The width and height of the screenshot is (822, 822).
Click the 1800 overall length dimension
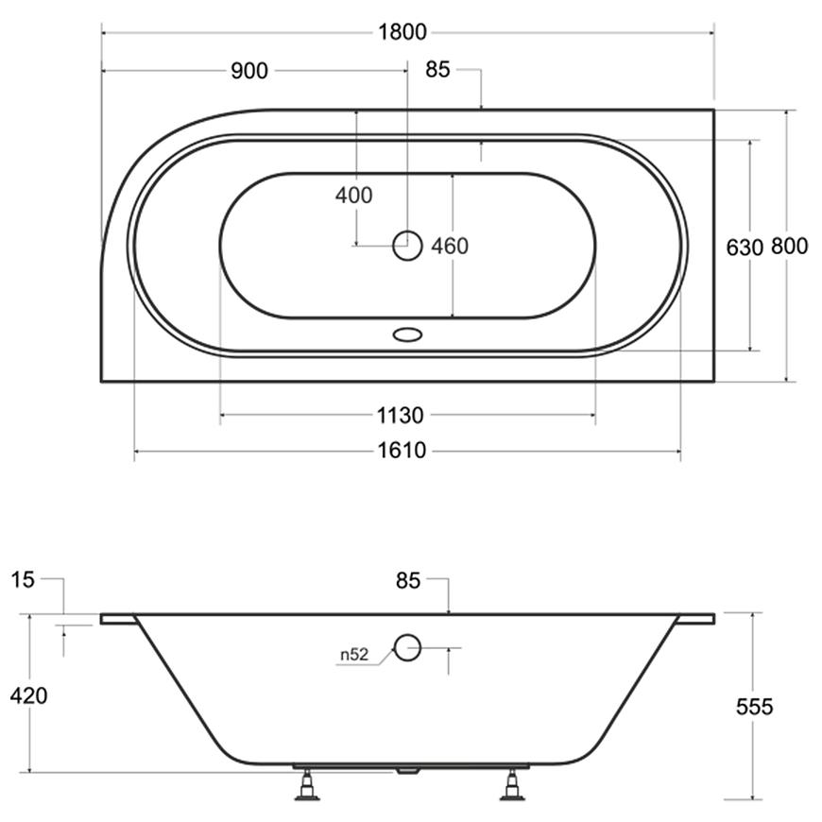(402, 32)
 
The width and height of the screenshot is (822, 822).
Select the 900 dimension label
(249, 71)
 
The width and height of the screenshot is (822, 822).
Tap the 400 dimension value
(354, 196)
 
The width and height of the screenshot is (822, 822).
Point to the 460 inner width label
(450, 246)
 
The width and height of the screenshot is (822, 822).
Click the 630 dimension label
(745, 248)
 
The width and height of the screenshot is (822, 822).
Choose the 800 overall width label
(790, 246)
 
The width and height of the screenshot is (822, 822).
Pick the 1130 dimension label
(401, 416)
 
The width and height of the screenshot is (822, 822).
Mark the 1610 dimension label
(402, 451)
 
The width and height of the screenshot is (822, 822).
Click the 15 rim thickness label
(23, 580)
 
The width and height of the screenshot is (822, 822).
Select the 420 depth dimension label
(29, 695)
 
